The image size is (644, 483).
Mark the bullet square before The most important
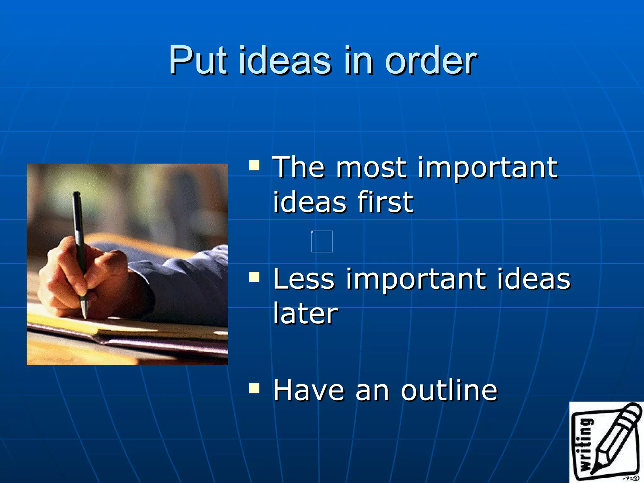(x=254, y=165)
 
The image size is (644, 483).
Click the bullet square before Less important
(x=254, y=277)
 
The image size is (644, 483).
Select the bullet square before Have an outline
(x=254, y=388)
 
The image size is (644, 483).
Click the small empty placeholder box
(x=322, y=241)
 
